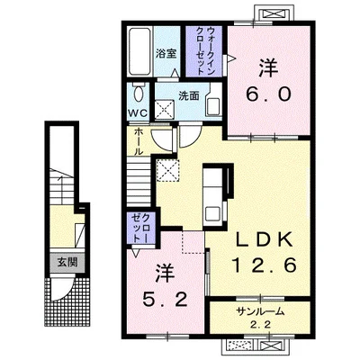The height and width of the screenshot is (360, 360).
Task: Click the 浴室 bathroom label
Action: click(x=166, y=54)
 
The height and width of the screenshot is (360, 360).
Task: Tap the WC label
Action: click(x=138, y=113)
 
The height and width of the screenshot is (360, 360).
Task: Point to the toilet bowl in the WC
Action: click(x=139, y=93)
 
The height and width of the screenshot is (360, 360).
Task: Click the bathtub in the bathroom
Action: click(x=139, y=51)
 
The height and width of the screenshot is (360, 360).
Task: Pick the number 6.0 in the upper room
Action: click(x=268, y=94)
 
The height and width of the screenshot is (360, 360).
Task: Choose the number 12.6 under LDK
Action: click(x=265, y=265)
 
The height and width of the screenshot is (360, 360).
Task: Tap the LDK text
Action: click(x=265, y=239)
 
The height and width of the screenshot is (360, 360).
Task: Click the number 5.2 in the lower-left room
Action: click(x=165, y=299)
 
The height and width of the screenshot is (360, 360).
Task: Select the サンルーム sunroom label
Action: click(x=260, y=312)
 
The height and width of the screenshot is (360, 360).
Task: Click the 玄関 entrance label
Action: click(x=67, y=262)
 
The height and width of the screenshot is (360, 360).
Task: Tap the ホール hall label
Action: click(x=138, y=141)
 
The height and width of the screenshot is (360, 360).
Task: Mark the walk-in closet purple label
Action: click(x=204, y=51)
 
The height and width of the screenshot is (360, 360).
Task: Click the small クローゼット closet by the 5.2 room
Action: click(x=141, y=228)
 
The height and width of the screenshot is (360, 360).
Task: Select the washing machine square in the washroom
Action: click(x=164, y=110)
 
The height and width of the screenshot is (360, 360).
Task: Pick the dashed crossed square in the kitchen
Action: click(x=168, y=170)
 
